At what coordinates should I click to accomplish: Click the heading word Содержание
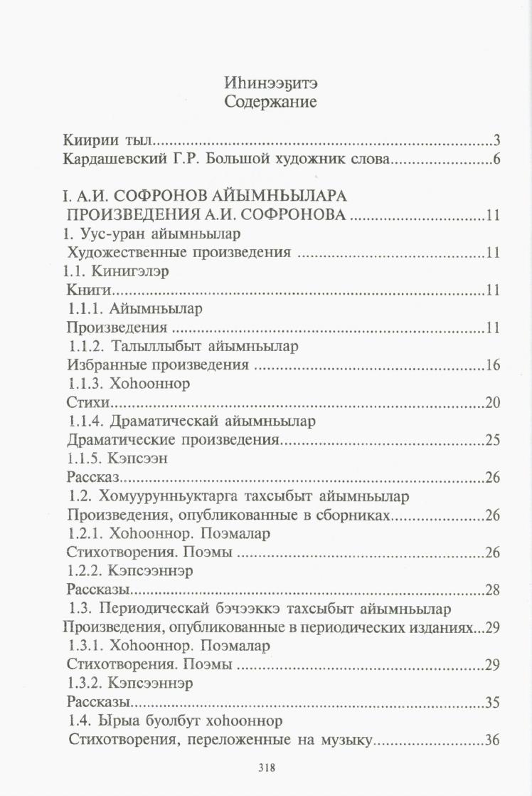pyautogui.click(x=270, y=103)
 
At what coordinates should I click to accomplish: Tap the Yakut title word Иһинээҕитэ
pyautogui.click(x=270, y=83)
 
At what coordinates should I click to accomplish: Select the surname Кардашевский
pyautogui.click(x=107, y=159)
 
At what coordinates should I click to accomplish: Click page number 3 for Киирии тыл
pyautogui.click(x=497, y=139)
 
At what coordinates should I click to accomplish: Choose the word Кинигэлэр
pyautogui.click(x=138, y=271)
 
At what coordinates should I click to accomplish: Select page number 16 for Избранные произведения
pyautogui.click(x=494, y=365)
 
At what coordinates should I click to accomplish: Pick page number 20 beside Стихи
pyautogui.click(x=493, y=403)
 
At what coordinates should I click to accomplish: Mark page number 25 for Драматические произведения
pyautogui.click(x=493, y=440)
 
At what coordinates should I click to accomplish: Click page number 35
pyautogui.click(x=493, y=703)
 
